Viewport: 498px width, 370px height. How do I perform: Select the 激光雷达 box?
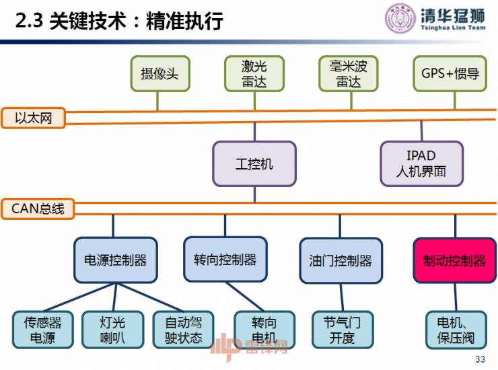(x=254, y=74)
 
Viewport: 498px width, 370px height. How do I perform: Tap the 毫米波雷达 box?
(x=349, y=74)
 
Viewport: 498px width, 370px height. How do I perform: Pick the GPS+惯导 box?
(x=450, y=74)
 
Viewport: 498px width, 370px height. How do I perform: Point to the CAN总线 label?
(x=38, y=209)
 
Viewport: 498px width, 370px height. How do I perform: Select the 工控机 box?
(x=254, y=163)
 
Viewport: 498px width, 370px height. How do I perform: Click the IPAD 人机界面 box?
(x=421, y=163)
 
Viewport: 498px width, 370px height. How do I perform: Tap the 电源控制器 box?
(x=115, y=260)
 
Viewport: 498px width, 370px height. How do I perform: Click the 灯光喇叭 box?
(x=113, y=330)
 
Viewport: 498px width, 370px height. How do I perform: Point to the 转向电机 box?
(x=254, y=330)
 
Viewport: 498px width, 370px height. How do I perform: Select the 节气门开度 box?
(x=341, y=330)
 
